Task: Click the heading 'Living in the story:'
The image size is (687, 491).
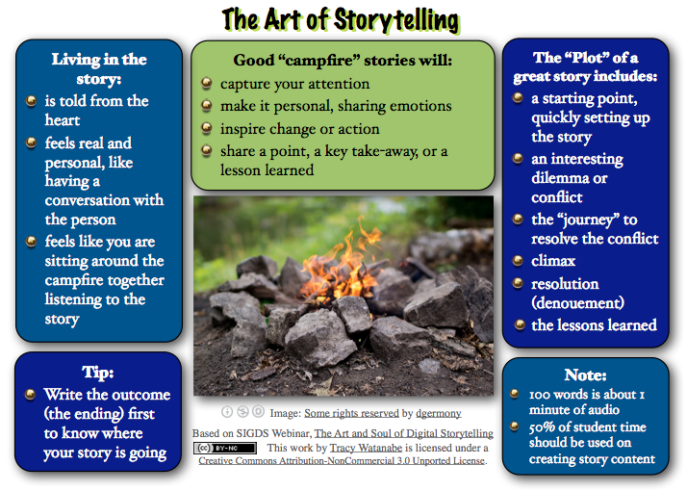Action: click(x=98, y=69)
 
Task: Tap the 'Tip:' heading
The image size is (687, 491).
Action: click(x=98, y=372)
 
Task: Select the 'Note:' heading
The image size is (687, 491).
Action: click(x=585, y=375)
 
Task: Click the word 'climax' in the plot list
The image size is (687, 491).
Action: click(x=553, y=261)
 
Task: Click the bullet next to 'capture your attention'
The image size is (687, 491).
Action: click(x=207, y=84)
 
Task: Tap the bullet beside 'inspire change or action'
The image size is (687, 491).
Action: click(x=207, y=128)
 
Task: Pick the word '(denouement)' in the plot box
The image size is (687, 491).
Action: click(x=578, y=302)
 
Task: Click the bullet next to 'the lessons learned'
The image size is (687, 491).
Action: click(x=519, y=324)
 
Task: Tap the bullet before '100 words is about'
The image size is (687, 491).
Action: click(x=517, y=395)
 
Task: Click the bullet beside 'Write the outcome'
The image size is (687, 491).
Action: click(x=31, y=395)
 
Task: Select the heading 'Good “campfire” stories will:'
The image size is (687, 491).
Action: click(x=343, y=61)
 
